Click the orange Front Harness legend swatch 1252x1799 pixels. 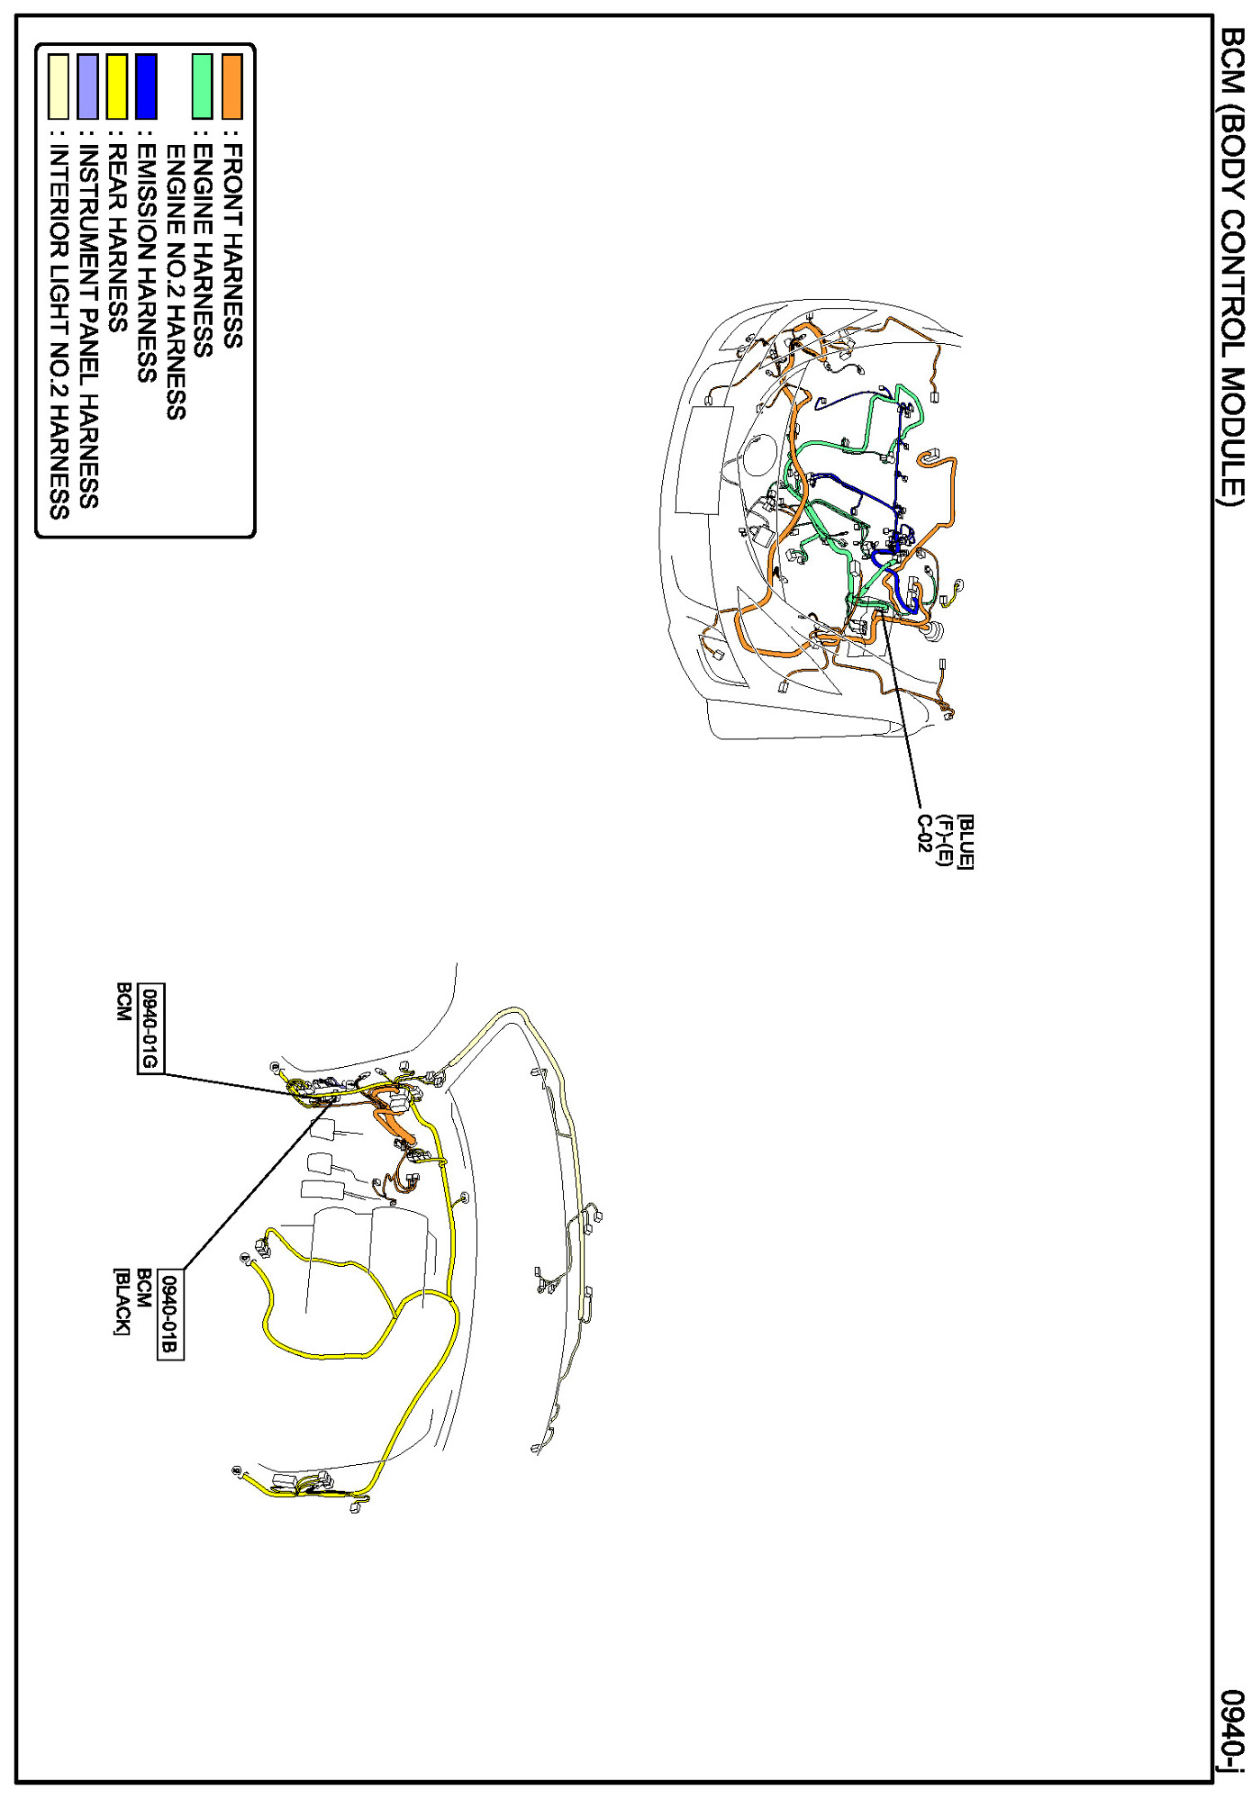point(232,86)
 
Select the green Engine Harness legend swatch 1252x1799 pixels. point(203,86)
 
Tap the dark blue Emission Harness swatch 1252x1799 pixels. point(146,86)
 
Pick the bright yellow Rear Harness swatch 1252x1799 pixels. point(117,86)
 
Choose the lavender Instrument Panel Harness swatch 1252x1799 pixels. point(87,86)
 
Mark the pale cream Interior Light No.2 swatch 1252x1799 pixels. point(59,86)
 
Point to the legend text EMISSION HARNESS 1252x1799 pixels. point(146,260)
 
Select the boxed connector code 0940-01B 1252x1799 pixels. point(170,1315)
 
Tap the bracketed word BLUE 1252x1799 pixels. point(965,842)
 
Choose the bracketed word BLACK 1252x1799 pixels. point(122,1301)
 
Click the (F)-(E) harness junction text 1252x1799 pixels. point(945,840)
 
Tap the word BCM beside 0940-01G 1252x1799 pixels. point(123,1001)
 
